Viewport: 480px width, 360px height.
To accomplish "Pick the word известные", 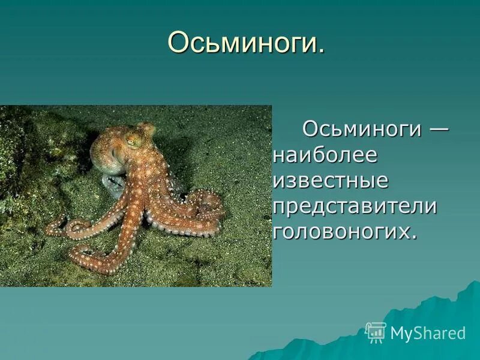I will [331, 180].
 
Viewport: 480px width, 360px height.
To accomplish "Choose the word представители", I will [354, 206].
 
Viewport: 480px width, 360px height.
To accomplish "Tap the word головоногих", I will [341, 232].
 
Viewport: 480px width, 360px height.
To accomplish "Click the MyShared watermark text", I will [428, 333].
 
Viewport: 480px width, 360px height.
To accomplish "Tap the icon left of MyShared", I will [376, 332].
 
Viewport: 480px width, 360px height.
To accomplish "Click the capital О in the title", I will [177, 44].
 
